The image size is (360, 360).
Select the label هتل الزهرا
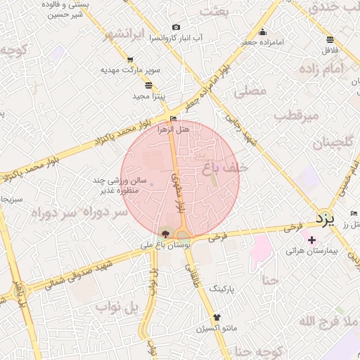[x=174, y=129]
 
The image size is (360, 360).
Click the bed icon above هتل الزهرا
[x=174, y=118]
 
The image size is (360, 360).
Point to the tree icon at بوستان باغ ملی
[x=165, y=233]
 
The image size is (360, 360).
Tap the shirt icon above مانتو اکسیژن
[x=217, y=317]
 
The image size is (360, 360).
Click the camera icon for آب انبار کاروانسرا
[x=176, y=27]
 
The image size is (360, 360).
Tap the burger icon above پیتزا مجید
[x=148, y=84]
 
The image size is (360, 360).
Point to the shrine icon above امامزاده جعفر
[x=263, y=32]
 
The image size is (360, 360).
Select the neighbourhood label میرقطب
[x=296, y=114]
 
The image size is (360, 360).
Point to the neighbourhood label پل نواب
[x=122, y=307]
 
